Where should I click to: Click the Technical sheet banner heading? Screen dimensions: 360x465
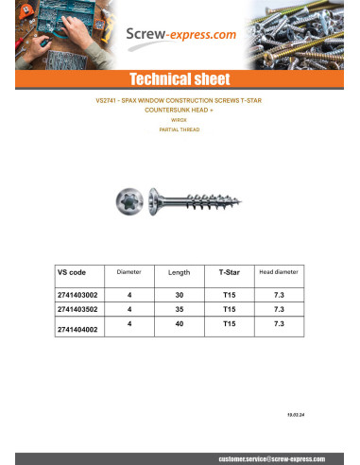180,78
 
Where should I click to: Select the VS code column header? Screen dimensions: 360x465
72,271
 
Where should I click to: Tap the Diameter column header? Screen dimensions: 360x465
129,272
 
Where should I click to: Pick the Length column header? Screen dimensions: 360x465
179,272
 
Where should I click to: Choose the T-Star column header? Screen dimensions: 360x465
229,272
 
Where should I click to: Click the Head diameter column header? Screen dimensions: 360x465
278,271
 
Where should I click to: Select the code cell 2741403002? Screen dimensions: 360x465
77,294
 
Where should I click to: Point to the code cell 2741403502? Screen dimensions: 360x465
77,308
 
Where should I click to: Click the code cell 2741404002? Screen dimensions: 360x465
77,330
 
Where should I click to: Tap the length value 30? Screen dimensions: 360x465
179,294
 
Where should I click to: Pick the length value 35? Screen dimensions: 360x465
179,308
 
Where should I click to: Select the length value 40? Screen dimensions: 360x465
179,323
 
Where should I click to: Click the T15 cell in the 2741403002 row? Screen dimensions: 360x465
229,294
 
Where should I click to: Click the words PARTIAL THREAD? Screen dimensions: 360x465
179,129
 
